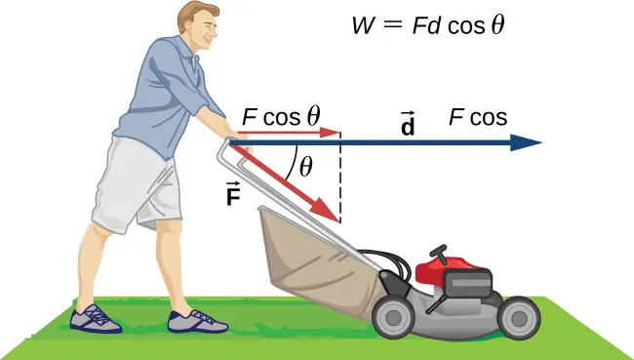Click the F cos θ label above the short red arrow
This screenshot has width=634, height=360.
pyautogui.click(x=281, y=116)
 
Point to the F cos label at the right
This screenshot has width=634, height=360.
pyautogui.click(x=478, y=117)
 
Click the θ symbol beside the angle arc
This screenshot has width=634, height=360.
pyautogui.click(x=306, y=167)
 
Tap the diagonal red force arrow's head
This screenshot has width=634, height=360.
pyautogui.click(x=332, y=213)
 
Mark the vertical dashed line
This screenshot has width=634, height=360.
pyautogui.click(x=339, y=185)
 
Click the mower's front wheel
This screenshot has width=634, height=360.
pyautogui.click(x=518, y=315)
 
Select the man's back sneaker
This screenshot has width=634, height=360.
pyautogui.click(x=97, y=318)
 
